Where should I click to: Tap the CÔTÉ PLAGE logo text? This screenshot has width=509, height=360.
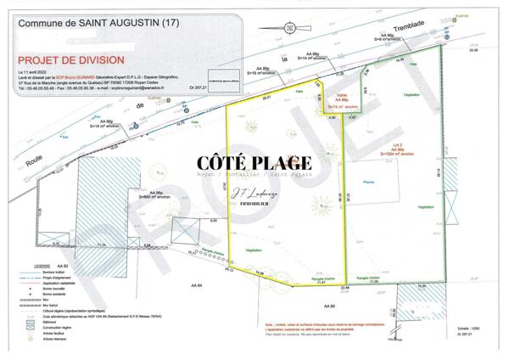(x=254, y=162)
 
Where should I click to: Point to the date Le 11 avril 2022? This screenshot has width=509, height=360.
(x=35, y=75)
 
